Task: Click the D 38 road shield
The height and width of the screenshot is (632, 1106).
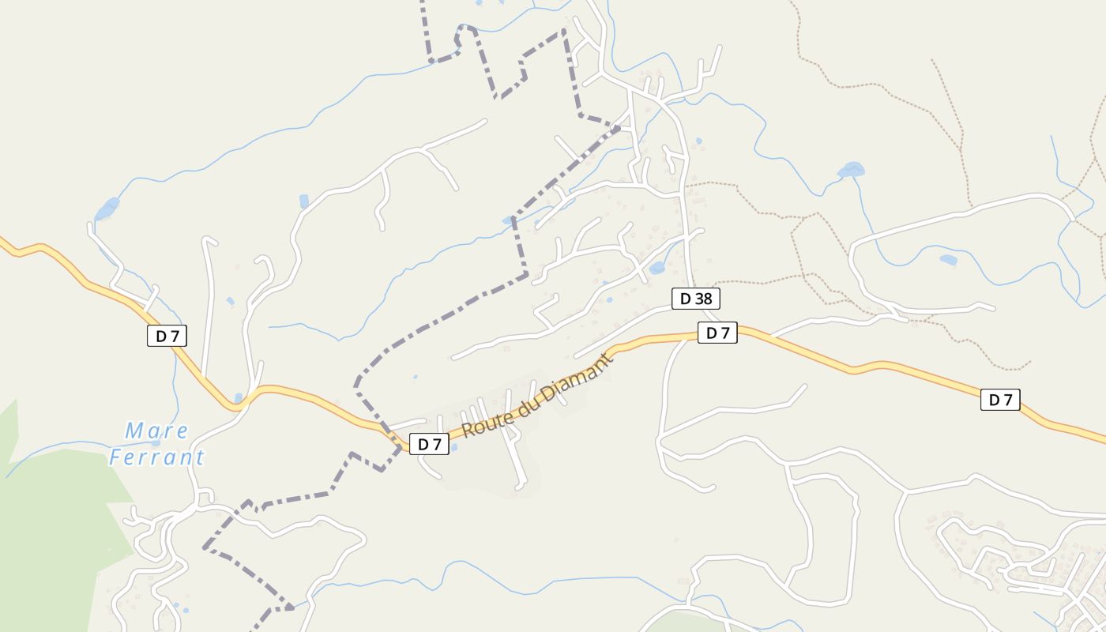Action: pyautogui.click(x=695, y=299)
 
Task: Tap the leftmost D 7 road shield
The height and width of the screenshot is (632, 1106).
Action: pyautogui.click(x=167, y=336)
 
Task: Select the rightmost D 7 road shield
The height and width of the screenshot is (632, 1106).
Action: pyautogui.click(x=999, y=400)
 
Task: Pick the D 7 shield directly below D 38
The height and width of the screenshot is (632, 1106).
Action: pyautogui.click(x=717, y=333)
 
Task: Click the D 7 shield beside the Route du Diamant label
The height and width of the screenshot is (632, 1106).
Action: pyautogui.click(x=429, y=444)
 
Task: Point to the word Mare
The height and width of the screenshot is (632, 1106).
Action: pyautogui.click(x=157, y=431)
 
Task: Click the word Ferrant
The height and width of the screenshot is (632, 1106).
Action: pyautogui.click(x=156, y=457)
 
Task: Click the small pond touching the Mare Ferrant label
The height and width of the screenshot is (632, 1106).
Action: pyautogui.click(x=156, y=443)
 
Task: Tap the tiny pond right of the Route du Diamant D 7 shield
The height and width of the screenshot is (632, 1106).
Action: pyautogui.click(x=453, y=448)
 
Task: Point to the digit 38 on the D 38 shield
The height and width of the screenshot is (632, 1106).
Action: pyautogui.click(x=702, y=299)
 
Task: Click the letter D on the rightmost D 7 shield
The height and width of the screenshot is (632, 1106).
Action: pyautogui.click(x=993, y=400)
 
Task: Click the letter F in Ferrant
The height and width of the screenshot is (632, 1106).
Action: pyautogui.click(x=115, y=457)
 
